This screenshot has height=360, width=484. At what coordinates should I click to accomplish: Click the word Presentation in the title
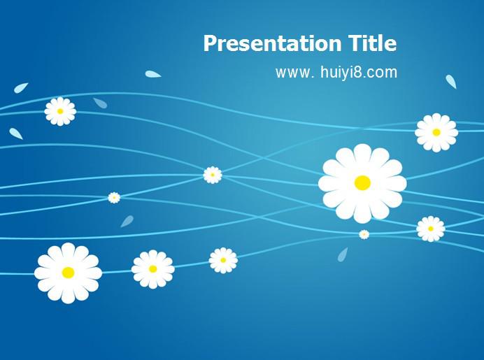pos(272,43)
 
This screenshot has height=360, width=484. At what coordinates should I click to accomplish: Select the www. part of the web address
pos(294,73)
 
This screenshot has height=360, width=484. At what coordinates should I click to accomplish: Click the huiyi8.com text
pos(359,72)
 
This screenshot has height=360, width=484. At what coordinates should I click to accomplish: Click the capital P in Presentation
pos(210,43)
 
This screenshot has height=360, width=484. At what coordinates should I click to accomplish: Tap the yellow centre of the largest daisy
pos(362,183)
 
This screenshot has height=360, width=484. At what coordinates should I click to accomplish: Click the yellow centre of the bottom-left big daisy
pos(69,273)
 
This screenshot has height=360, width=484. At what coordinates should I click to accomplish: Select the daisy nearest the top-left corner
pos(60,111)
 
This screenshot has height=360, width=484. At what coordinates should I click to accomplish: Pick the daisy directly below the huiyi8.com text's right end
pos(436,133)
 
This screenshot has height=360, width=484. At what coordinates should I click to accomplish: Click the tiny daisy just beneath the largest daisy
pos(364,234)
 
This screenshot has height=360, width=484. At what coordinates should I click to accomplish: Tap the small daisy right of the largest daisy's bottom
pos(431,229)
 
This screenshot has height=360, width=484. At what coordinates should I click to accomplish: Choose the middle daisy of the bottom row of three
pos(152,269)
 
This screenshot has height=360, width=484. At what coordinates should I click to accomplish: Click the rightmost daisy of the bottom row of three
pos(223,260)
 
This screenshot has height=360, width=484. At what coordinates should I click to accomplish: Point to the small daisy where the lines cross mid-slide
pos(213,175)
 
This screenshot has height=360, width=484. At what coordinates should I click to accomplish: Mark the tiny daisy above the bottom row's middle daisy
pos(114,198)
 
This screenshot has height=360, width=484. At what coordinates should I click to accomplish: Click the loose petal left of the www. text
pos(152,74)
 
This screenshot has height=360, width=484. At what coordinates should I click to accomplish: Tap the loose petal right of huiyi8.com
pos(451,82)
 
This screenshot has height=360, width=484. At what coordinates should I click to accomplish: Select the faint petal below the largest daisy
pos(343,254)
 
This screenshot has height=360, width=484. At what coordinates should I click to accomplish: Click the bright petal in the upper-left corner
pos(21,88)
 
